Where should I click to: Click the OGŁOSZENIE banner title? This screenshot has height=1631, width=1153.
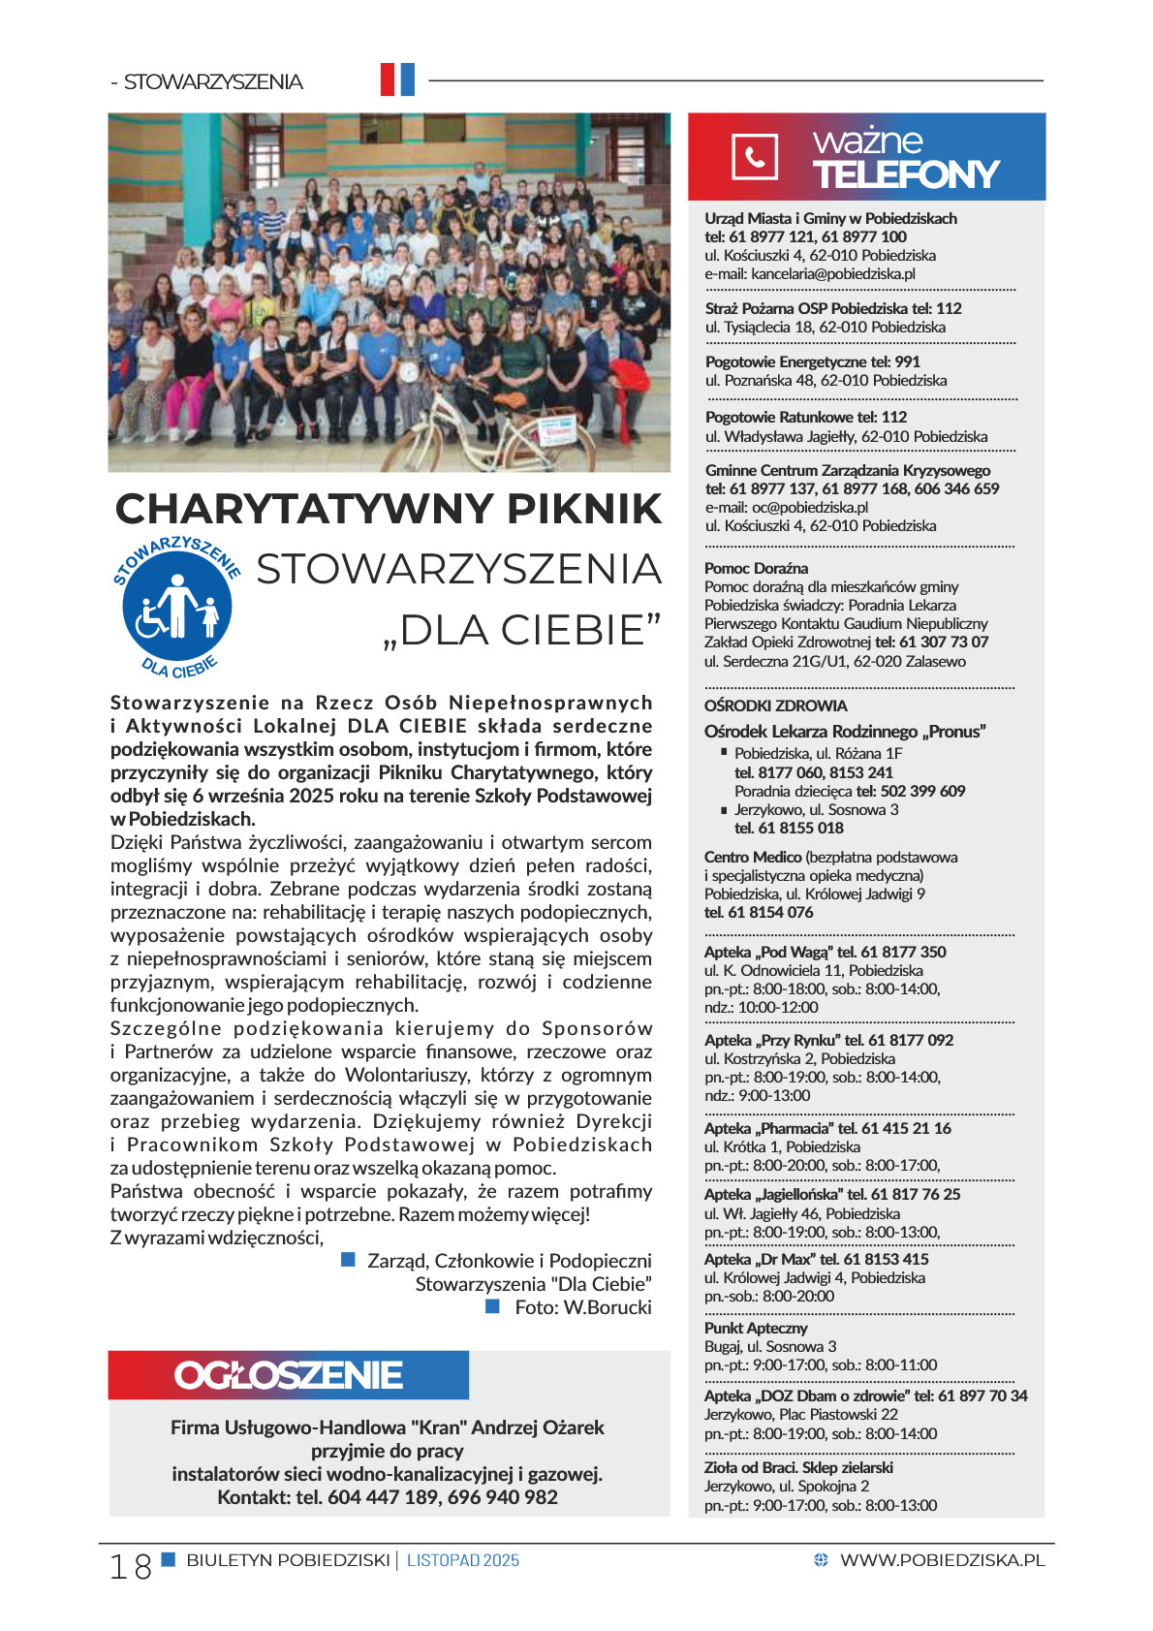click(288, 1375)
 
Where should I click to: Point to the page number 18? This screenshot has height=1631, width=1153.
click(130, 1566)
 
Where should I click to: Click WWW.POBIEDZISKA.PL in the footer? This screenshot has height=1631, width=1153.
click(942, 1560)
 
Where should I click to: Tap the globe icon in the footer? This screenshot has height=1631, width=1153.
click(821, 1560)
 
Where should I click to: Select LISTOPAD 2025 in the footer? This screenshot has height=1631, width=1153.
click(463, 1560)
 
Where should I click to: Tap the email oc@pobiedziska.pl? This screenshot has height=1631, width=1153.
click(810, 507)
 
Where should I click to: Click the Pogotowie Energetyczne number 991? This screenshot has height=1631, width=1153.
click(908, 361)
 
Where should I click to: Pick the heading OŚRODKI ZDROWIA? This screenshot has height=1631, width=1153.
click(775, 706)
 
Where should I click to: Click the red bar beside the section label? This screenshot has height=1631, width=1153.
click(388, 79)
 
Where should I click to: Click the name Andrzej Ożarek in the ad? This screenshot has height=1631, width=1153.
click(538, 1427)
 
